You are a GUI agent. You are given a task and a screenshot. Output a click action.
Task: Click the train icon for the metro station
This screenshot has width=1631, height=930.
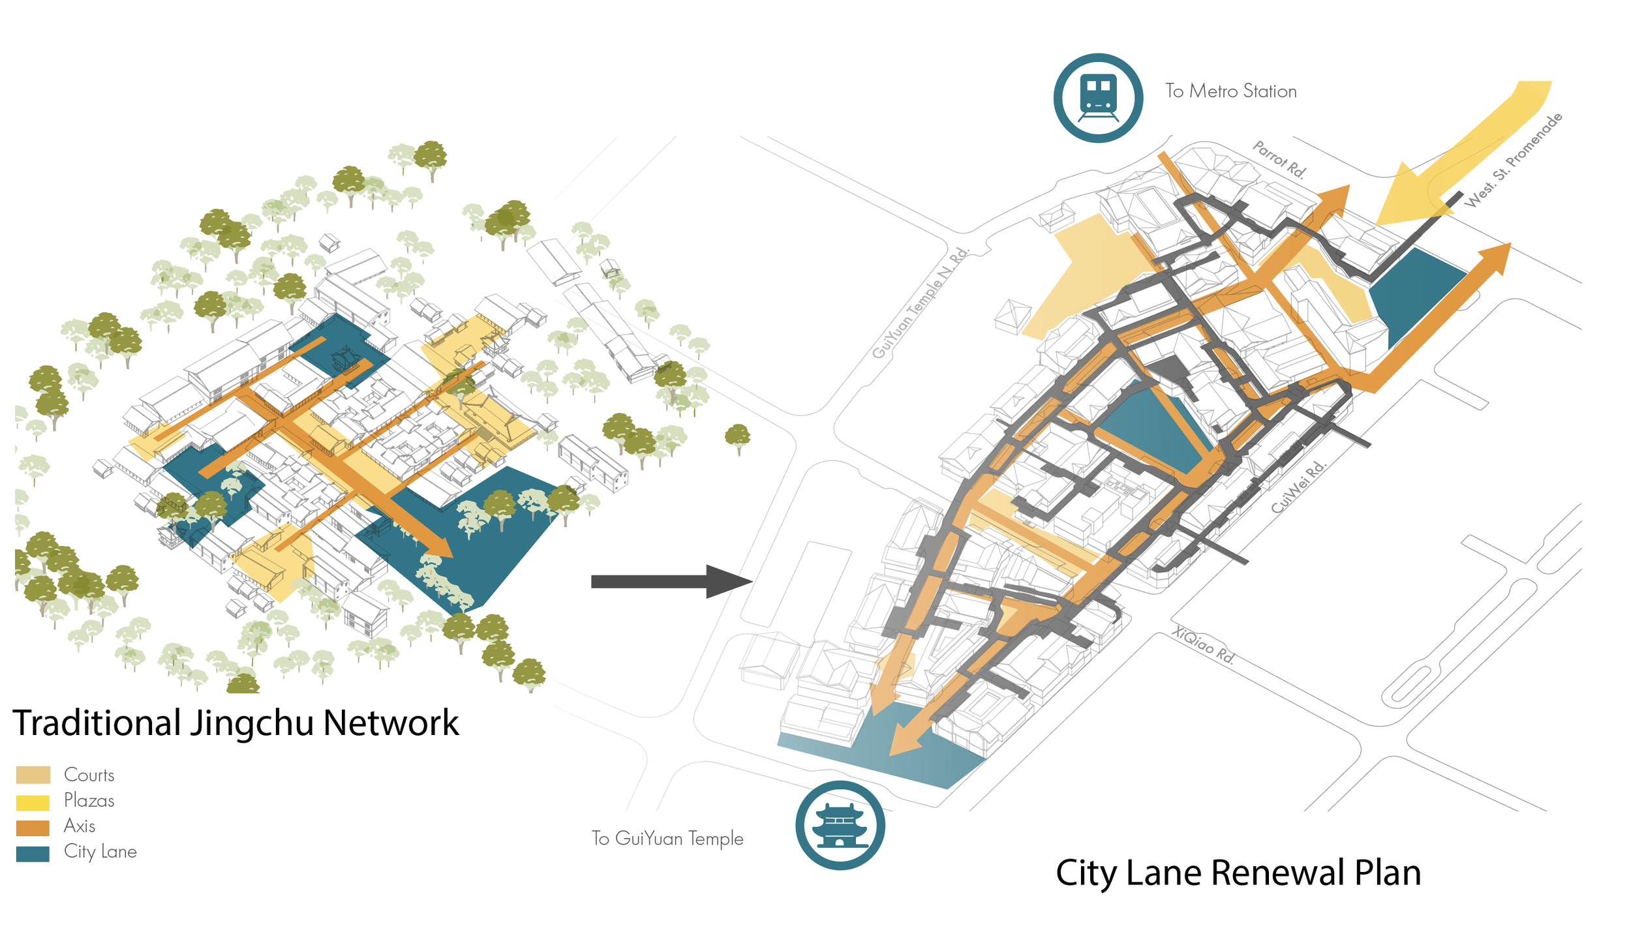[1098, 98]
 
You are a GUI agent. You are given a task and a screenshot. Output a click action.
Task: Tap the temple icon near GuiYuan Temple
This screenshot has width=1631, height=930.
[840, 825]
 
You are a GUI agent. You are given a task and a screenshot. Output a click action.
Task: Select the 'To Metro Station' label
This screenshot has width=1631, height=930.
[1230, 91]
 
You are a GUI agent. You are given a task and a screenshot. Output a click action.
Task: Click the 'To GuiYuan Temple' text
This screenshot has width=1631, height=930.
[667, 838]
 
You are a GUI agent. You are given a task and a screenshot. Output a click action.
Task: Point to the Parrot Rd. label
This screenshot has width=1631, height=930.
[1279, 159]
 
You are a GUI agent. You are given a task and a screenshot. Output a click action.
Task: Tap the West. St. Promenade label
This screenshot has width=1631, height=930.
[1514, 160]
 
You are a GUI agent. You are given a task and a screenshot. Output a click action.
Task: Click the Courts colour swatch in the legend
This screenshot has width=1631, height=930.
[33, 775]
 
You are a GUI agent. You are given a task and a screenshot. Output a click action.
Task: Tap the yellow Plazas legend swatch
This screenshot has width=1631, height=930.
[33, 802]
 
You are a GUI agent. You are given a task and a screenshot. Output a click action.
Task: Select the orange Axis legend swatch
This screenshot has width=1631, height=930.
[33, 827]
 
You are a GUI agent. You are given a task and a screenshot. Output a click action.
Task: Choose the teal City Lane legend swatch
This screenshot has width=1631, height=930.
[33, 853]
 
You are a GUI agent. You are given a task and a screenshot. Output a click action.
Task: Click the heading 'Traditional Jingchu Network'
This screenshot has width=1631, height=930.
[236, 723]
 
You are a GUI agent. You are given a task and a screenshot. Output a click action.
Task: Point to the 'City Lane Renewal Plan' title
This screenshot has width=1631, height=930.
[1238, 873]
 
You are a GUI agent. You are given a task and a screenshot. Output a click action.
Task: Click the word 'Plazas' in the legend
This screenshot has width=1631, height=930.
[89, 801]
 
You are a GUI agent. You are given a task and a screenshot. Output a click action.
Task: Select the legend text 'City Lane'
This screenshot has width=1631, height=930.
[100, 852]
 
